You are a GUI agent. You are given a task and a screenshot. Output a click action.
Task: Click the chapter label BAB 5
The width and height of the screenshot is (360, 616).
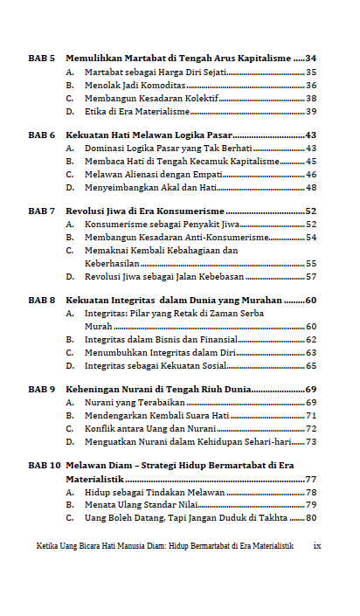click(x=41, y=57)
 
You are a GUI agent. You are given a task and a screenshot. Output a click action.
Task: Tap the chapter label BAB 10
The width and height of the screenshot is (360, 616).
click(x=44, y=466)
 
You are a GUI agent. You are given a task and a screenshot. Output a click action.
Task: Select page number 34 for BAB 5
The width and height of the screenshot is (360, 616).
click(x=311, y=57)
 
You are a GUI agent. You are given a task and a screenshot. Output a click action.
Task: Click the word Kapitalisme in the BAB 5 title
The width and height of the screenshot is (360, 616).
click(x=262, y=57)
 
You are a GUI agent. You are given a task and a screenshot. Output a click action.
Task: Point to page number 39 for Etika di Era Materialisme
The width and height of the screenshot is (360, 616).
click(x=311, y=112)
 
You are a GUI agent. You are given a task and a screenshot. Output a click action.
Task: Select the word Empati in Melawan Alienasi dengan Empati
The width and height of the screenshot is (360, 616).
click(x=205, y=174)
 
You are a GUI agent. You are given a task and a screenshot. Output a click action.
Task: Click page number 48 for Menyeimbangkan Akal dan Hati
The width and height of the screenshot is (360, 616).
click(x=311, y=188)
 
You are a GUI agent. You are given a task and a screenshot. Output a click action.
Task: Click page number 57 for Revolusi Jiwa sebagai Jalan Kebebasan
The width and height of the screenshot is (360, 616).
click(x=311, y=277)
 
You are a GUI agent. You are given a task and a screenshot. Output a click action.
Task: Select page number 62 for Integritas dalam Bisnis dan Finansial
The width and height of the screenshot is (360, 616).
click(x=311, y=339)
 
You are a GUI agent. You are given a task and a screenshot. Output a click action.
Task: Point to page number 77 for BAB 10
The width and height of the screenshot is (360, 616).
click(x=311, y=480)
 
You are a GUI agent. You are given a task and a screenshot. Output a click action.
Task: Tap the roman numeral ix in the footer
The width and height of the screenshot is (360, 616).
click(x=317, y=545)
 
